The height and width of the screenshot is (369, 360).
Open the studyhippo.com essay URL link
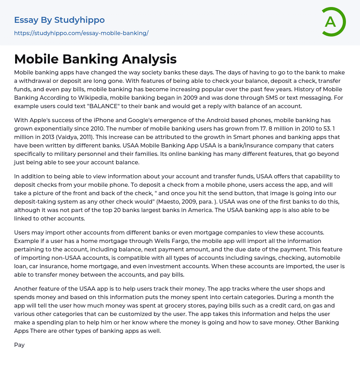point(81,33)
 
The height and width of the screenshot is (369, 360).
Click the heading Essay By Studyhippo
point(59,20)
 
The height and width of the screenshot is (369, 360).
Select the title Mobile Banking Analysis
point(95,59)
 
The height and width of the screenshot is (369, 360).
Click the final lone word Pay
point(19,345)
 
